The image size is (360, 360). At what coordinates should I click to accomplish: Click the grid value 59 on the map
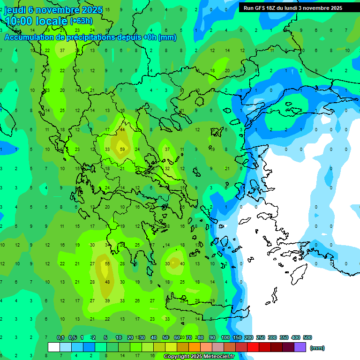pyautogui.click(x=122, y=150)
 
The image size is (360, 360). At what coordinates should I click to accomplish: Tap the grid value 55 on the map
pyautogui.click(x=107, y=264)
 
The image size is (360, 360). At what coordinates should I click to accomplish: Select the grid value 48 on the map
pyautogui.click(x=107, y=282)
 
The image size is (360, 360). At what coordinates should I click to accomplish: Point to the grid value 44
pyautogui.click(x=122, y=130)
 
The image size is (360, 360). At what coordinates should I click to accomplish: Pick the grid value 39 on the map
pyautogui.click(x=107, y=301)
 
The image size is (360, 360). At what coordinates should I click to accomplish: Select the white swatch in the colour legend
pyautogui.click(x=54, y=347)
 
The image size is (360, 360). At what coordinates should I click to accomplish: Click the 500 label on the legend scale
pyautogui.click(x=307, y=337)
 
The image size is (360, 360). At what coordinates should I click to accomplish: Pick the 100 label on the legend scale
pyautogui.click(x=225, y=337)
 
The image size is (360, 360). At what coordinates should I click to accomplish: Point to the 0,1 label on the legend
pyautogui.click(x=60, y=337)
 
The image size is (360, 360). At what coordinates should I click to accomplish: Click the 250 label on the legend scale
pyautogui.click(x=261, y=337)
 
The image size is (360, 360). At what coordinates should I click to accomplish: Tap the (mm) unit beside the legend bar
pyautogui.click(x=317, y=348)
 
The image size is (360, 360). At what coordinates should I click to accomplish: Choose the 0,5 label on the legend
pyautogui.click(x=73, y=337)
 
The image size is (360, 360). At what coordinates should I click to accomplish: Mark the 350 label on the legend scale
pyautogui.click(x=284, y=337)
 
